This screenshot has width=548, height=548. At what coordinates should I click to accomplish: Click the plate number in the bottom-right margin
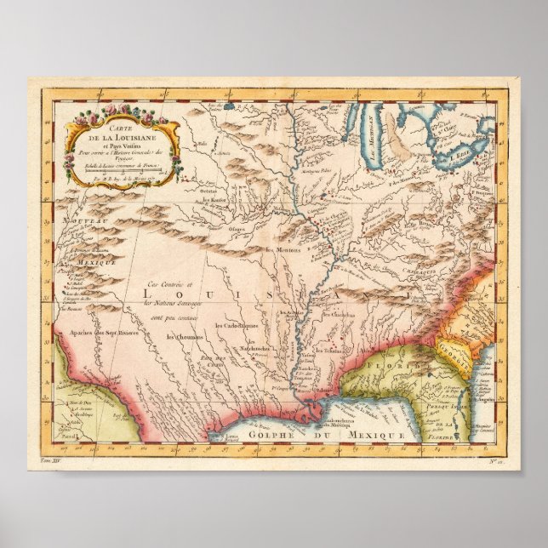pyautogui.click(x=494, y=460)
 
